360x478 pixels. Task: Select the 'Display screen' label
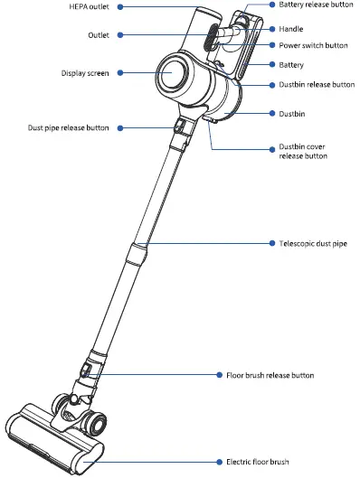point(85,73)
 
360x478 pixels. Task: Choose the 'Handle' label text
point(291,28)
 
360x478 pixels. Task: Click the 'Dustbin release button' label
point(316,84)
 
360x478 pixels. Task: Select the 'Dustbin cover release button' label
point(303,150)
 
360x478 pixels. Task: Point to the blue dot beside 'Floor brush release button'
point(219,373)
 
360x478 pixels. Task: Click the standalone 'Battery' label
point(291,65)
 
